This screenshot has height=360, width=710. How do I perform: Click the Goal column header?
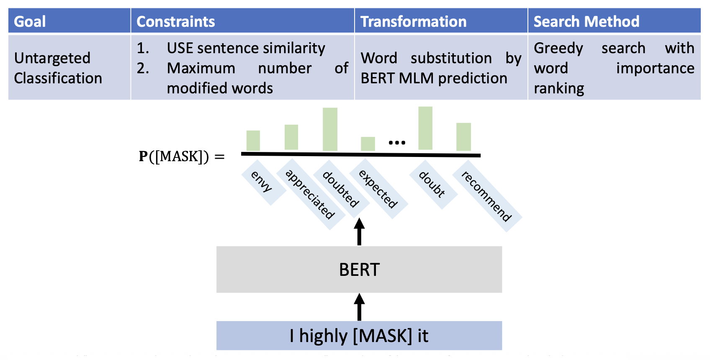pyautogui.click(x=30, y=21)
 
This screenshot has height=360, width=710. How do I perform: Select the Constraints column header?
pyautogui.click(x=176, y=21)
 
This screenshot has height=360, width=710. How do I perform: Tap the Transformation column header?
pyautogui.click(x=413, y=21)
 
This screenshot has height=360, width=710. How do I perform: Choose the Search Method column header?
pyautogui.click(x=586, y=21)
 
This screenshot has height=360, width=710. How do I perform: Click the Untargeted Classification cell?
pyautogui.click(x=58, y=68)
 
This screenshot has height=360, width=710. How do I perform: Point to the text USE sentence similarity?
pyautogui.click(x=246, y=48)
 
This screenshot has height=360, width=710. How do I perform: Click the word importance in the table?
pyautogui.click(x=655, y=68)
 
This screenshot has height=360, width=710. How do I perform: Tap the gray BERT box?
pyautogui.click(x=359, y=270)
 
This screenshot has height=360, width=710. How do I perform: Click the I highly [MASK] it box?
pyautogui.click(x=359, y=336)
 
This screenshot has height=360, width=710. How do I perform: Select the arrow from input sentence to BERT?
pyautogui.click(x=359, y=307)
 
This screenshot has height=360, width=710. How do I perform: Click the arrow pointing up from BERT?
pyautogui.click(x=359, y=231)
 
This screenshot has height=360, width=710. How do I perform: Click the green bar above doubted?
pyautogui.click(x=330, y=129)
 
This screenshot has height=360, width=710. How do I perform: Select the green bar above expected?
pyautogui.click(x=368, y=144)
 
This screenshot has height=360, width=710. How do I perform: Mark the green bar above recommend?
pyautogui.click(x=463, y=136)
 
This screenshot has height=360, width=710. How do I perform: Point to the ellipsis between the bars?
pyautogui.click(x=396, y=143)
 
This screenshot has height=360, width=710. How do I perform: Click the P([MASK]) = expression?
pyautogui.click(x=181, y=157)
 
